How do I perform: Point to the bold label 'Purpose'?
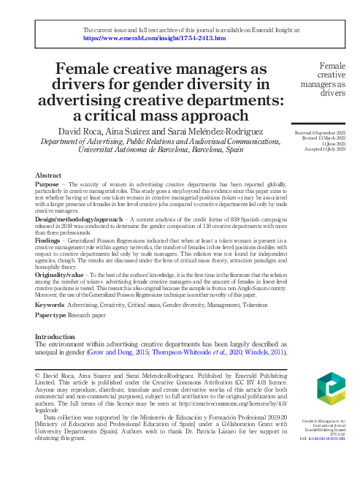[47, 185]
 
